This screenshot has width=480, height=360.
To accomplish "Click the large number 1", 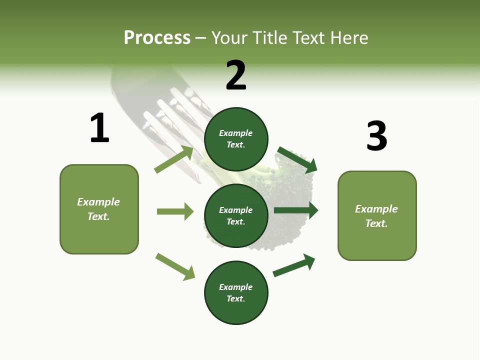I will [x=99, y=128].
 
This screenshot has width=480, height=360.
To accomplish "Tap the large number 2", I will [x=236, y=75].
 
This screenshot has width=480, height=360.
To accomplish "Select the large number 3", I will [x=376, y=136].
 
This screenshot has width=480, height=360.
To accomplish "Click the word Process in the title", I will [x=157, y=38].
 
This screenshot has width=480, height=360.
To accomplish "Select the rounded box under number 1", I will [x=99, y=209].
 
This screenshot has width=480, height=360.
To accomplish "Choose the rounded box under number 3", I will [x=377, y=215].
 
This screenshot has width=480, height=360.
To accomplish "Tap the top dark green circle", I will [x=236, y=139].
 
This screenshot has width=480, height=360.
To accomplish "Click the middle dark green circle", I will [x=236, y=215].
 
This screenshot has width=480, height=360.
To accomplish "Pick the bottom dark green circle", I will [x=236, y=292].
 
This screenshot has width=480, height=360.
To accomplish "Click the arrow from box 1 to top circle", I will [x=174, y=159].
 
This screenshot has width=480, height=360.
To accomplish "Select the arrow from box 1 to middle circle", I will [x=175, y=211].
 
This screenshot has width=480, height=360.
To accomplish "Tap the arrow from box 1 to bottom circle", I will [x=175, y=266].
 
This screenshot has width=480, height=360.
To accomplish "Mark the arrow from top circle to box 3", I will [x=297, y=159].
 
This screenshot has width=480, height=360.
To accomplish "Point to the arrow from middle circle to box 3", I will [x=296, y=210].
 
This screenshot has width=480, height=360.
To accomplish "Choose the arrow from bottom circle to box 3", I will [x=294, y=265].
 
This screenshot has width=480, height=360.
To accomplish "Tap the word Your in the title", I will [x=228, y=38].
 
